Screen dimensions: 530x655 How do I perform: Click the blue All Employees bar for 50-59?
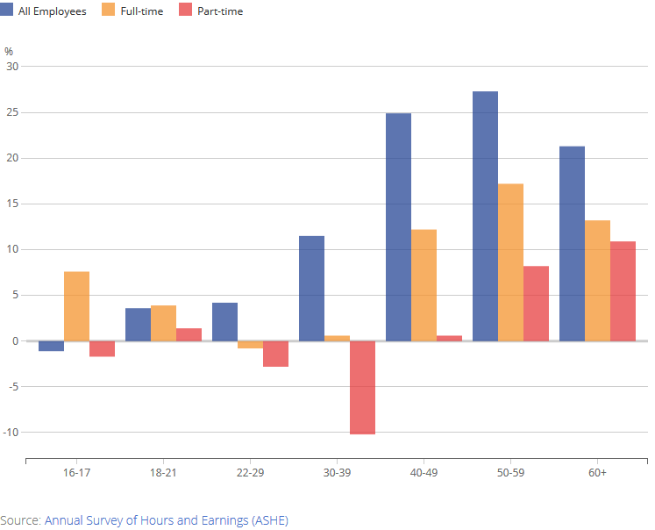pos(485,216)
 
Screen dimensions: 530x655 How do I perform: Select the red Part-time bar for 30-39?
pos(362,387)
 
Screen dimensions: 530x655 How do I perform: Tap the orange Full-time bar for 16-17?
pos(76,306)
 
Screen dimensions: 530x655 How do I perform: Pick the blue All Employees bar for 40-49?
pos(398,226)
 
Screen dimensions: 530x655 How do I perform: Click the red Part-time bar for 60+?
pos(623,291)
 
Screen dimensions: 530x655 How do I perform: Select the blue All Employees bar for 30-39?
pos(311,288)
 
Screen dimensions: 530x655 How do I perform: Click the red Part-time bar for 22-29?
pos(275,354)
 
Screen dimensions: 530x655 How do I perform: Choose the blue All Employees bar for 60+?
pos(572,243)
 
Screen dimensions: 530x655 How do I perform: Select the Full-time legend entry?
pos(133,11)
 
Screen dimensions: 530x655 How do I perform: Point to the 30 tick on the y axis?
pos(12,67)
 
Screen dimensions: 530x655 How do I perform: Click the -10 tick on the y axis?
pos(11,433)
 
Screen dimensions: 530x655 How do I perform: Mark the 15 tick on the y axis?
pos(12,204)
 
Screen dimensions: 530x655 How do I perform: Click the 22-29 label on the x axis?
pos(250,473)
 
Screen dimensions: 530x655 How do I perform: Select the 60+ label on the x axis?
pos(597,473)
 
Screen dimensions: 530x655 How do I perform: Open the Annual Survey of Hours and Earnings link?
pos(166,520)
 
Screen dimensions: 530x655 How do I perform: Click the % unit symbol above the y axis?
pos(9,51)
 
